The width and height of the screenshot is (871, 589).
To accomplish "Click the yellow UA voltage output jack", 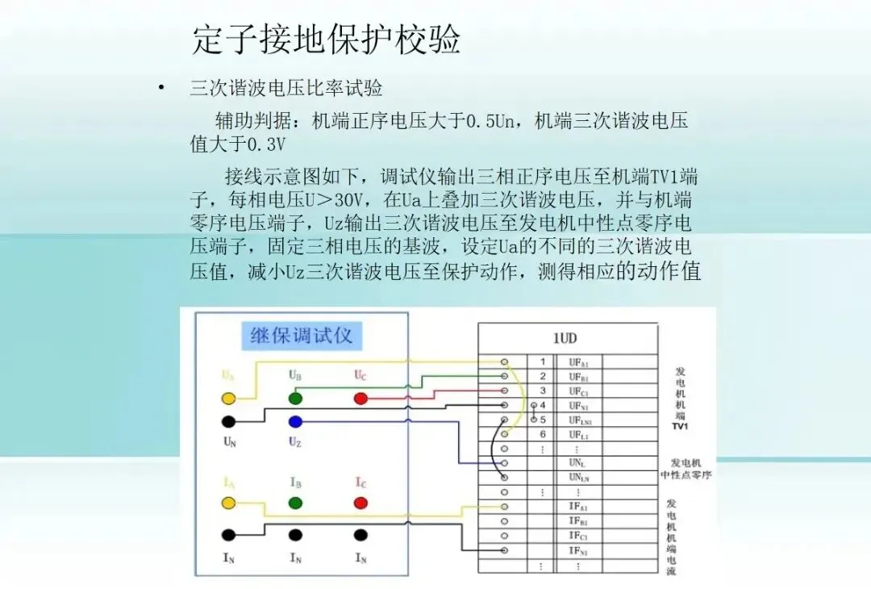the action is point(228,399).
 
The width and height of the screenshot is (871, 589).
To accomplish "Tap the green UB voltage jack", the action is point(295,399).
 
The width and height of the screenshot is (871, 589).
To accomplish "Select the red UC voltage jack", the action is point(360,399).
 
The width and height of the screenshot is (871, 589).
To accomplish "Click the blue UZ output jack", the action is point(295,421).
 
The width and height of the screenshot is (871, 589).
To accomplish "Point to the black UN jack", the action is point(228,421).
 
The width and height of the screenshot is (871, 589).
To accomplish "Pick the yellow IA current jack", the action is point(228,503).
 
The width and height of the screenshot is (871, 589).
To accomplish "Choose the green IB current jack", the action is point(295,503).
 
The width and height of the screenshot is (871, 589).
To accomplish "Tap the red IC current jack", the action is point(360,503).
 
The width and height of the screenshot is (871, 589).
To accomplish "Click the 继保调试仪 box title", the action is point(302,336).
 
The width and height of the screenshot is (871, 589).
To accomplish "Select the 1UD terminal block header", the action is point(565,338).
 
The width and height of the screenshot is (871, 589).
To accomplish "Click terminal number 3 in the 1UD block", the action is point(543,391).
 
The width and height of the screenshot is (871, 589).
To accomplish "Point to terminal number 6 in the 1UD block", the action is point(543,434).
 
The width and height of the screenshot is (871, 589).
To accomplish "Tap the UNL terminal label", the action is point(577,463).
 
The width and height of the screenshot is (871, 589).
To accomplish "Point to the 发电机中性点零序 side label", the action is point(686,469).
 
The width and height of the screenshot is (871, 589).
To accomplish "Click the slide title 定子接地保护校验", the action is point(327,39).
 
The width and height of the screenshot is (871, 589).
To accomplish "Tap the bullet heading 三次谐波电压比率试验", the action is point(286,88).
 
